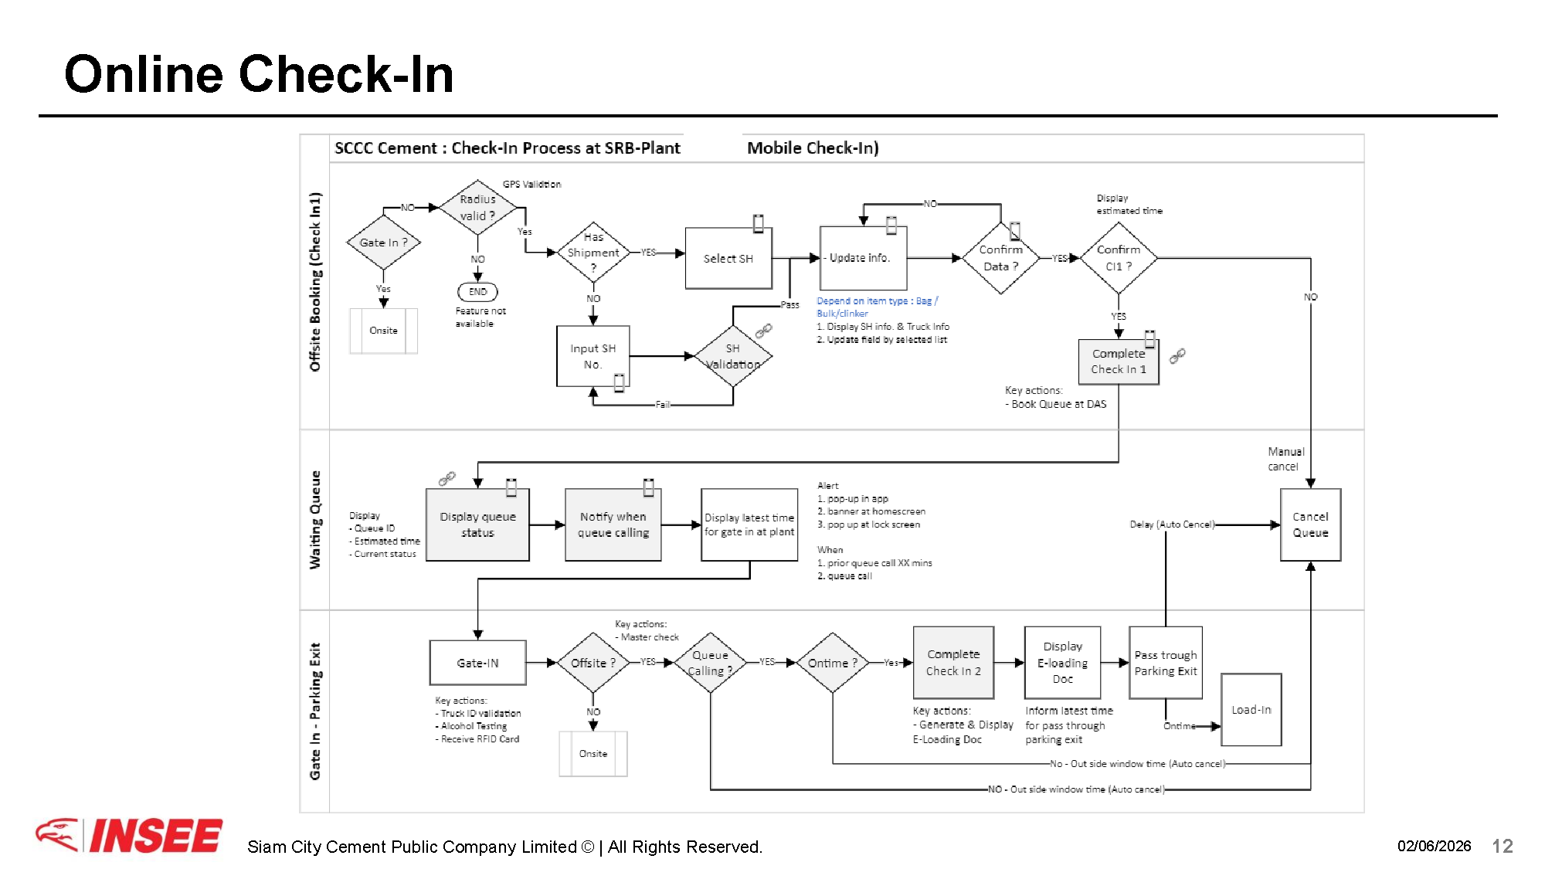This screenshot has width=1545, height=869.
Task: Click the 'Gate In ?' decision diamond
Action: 383,242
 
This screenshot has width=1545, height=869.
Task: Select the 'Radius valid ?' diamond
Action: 477,208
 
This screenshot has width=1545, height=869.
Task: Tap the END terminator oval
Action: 477,292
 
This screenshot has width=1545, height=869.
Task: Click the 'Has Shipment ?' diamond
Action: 593,253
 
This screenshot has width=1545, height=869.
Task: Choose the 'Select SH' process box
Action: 728,258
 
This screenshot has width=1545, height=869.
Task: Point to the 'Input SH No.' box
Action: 593,356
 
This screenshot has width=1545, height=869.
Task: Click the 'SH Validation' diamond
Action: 733,356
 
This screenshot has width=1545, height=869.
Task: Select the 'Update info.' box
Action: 863,258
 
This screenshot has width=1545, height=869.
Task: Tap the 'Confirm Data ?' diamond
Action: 1000,258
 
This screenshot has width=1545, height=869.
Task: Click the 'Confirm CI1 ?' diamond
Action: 1119,258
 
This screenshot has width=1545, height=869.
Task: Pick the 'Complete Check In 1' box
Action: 1119,362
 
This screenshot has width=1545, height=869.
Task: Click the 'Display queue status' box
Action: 477,524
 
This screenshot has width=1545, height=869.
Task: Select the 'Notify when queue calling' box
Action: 613,524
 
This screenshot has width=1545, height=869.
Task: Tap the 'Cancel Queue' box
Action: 1310,524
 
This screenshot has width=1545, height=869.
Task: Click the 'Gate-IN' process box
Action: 477,663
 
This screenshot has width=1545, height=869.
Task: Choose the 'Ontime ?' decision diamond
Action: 833,663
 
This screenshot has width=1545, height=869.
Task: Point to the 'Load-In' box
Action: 1251,709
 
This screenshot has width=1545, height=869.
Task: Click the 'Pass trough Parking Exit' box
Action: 1166,663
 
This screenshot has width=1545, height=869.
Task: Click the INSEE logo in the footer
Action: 129,836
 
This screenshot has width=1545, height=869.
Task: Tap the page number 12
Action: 1503,846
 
